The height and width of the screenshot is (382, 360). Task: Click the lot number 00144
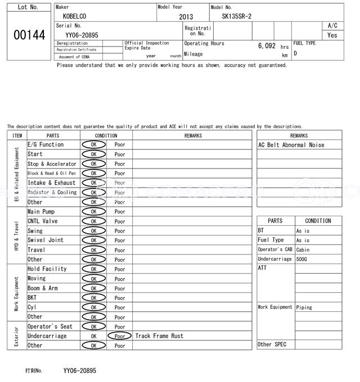tap(29, 35)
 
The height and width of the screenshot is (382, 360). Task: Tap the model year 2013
tap(186, 17)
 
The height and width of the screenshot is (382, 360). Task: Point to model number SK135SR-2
tap(237, 16)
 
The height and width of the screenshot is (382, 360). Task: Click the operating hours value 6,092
tap(267, 46)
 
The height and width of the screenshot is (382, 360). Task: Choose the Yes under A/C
tap(332, 35)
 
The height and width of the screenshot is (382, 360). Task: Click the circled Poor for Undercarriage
tap(120, 336)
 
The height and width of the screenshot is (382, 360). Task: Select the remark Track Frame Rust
tap(159, 336)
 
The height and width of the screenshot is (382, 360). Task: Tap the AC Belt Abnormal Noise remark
tap(291, 145)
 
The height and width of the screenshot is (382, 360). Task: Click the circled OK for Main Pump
tap(93, 212)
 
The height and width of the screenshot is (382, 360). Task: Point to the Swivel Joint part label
tap(46, 240)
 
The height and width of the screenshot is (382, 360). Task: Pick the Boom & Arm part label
tap(43, 288)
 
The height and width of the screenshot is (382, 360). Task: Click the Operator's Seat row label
tap(50, 326)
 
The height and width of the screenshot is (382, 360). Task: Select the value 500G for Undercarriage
tap(303, 259)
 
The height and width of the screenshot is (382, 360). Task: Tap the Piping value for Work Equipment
tap(304, 307)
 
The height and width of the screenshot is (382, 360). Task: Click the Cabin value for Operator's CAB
tap(303, 249)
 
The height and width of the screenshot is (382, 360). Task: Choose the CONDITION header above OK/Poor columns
tap(106, 135)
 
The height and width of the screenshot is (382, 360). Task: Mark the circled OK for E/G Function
tap(93, 145)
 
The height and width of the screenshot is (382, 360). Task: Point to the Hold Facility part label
tap(47, 269)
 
